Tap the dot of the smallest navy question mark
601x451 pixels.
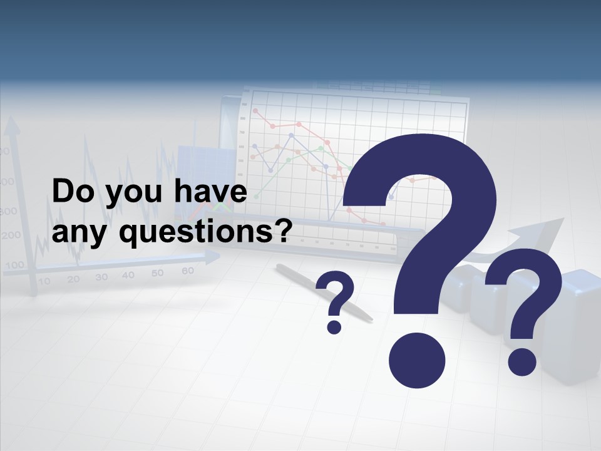pos(334,326)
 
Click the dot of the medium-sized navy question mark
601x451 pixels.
pos(521,362)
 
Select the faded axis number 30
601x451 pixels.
pos(101,277)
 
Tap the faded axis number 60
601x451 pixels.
pos(187,271)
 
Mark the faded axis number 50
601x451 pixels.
pos(157,273)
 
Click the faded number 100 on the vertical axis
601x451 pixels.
pos(14,266)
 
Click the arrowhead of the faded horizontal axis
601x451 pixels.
pos(213,256)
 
